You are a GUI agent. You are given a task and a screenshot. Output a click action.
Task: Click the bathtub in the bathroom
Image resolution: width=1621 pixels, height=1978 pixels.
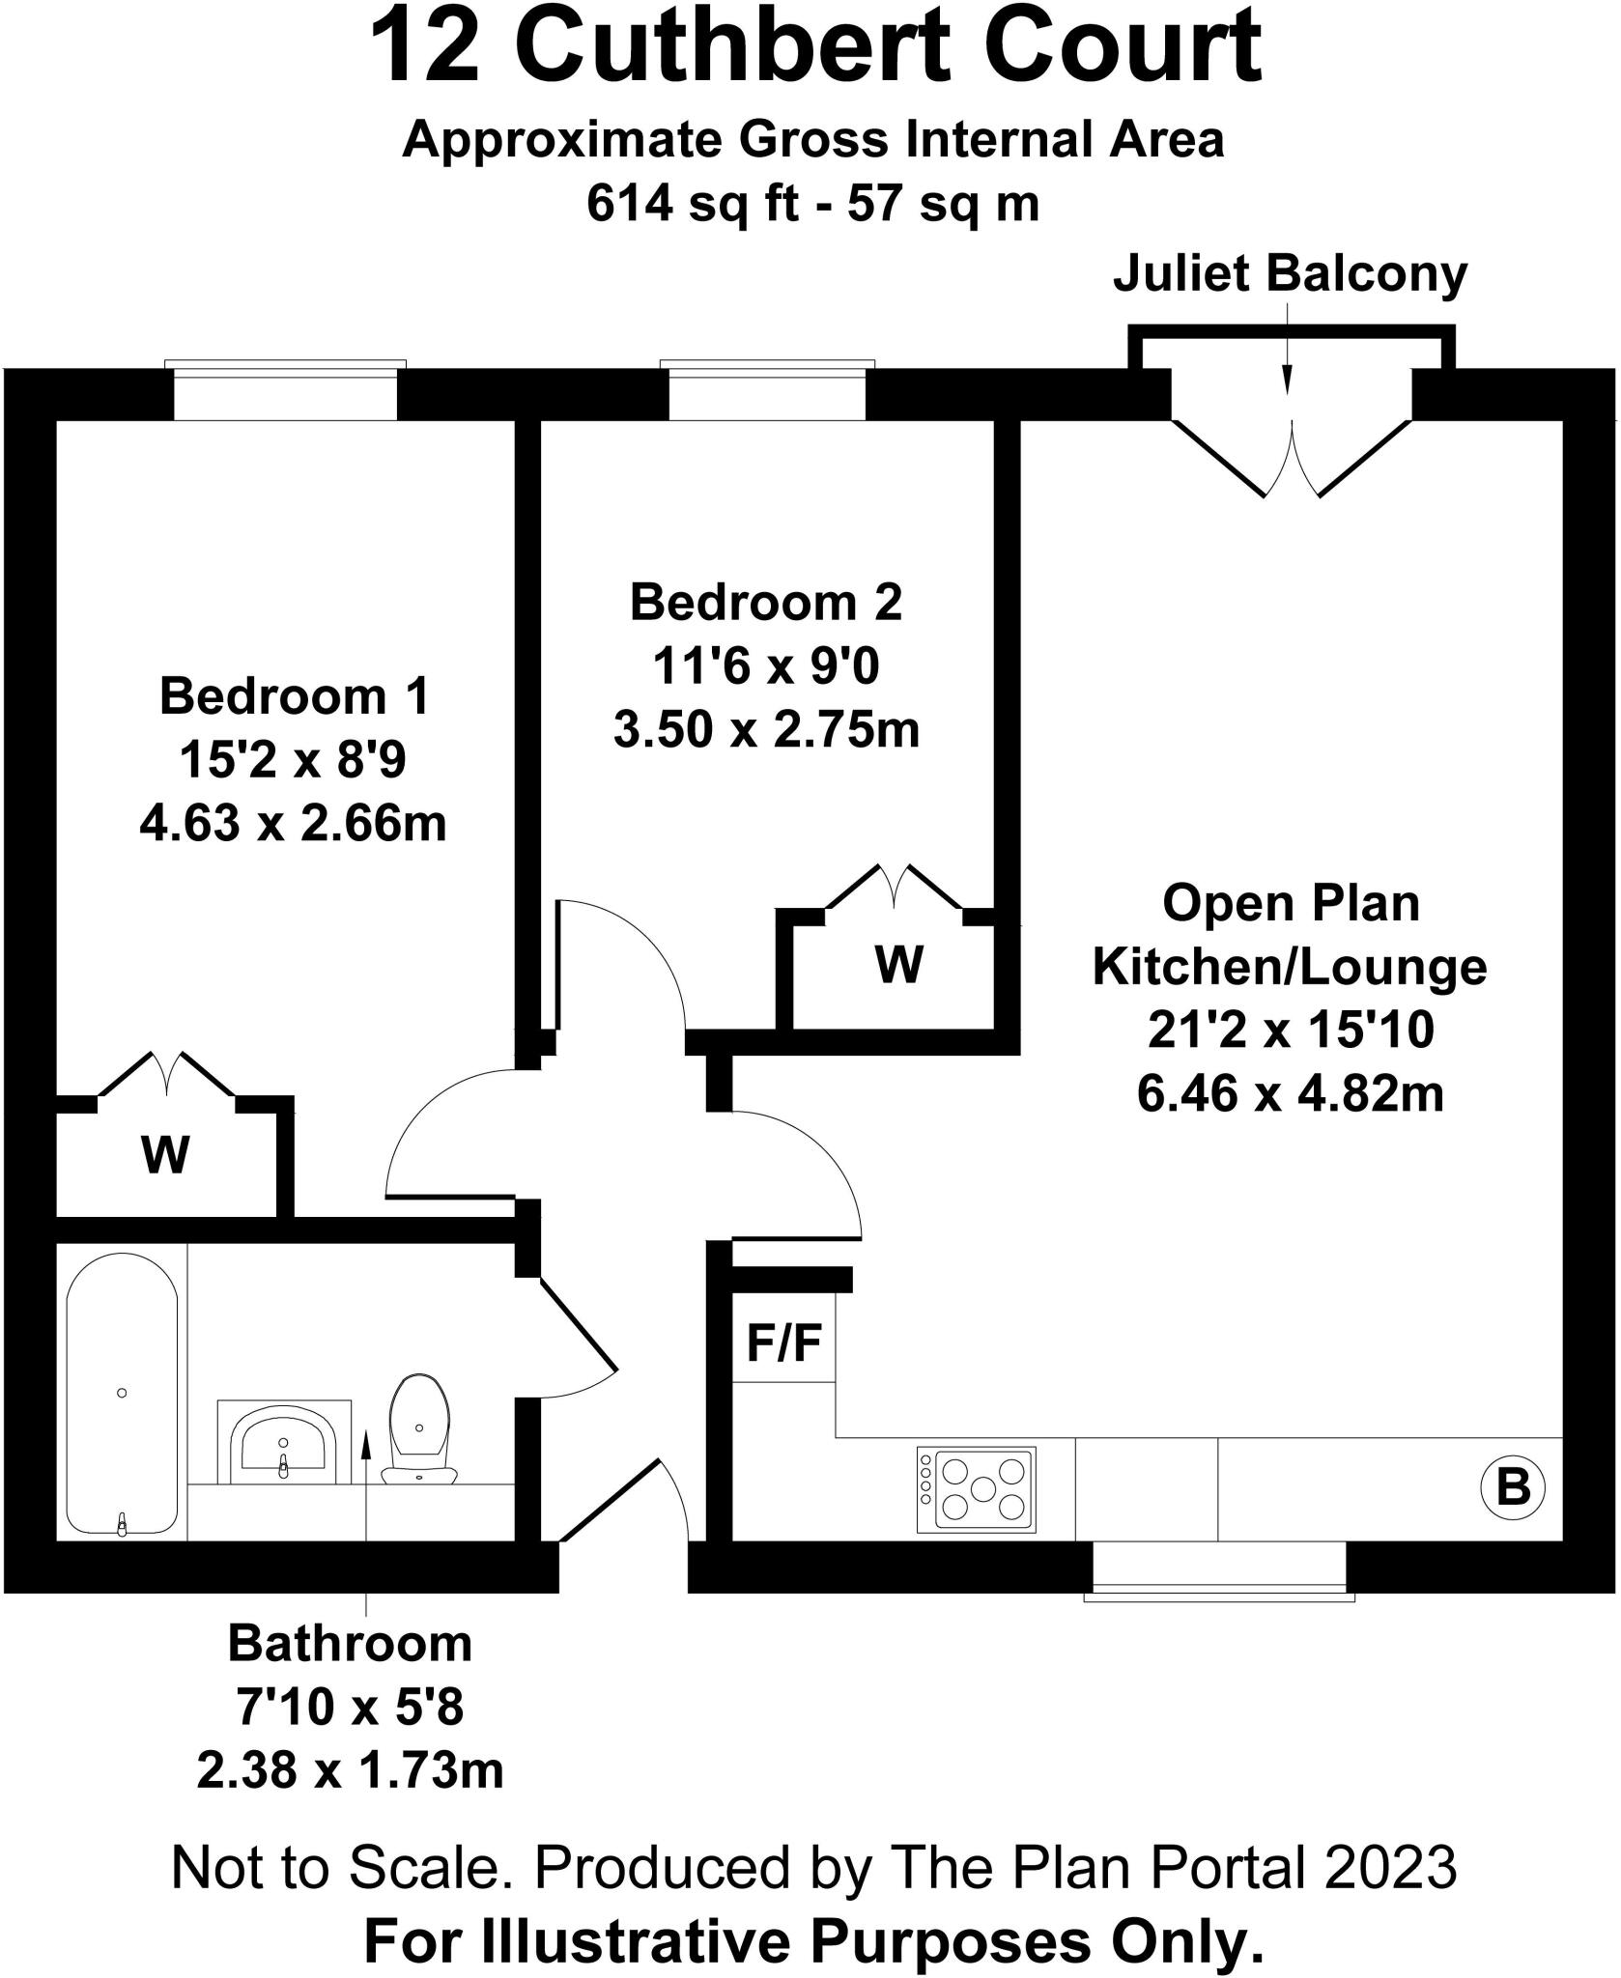coord(122,1394)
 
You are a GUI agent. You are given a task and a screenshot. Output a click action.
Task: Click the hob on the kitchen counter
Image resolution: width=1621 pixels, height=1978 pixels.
coord(976,1488)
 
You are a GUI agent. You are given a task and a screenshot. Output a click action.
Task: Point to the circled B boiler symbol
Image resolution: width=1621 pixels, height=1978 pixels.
coord(1512,1486)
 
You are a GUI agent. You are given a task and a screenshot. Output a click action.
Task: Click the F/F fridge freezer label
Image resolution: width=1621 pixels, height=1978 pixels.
coord(784,1343)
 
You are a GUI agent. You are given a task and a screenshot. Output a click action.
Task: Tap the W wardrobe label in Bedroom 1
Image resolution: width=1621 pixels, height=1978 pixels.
coord(166,1153)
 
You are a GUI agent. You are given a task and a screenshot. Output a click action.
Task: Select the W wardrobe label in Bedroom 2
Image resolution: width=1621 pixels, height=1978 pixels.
coord(898,963)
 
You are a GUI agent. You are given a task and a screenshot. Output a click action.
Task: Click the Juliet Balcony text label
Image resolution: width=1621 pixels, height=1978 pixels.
coord(1290,274)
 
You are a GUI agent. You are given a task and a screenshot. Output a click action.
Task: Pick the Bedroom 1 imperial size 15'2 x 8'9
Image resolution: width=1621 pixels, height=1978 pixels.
coord(293,760)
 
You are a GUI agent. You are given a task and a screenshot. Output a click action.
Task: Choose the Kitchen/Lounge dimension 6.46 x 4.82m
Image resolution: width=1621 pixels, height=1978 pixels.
coord(1290,1094)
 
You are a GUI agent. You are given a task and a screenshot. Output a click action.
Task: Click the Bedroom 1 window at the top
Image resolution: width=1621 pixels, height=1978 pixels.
coord(285,392)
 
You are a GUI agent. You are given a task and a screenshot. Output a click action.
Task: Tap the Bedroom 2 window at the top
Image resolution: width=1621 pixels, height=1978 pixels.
coord(767,392)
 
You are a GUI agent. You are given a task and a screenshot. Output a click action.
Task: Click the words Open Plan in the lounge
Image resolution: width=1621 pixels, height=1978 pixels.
coord(1291,904)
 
